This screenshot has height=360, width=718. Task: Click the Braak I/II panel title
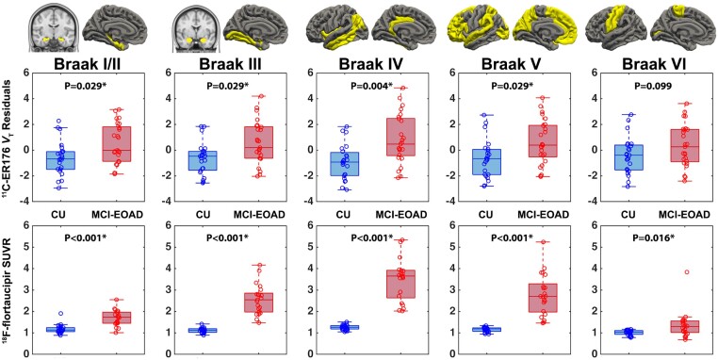click(87, 64)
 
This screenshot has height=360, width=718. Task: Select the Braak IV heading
click(371, 64)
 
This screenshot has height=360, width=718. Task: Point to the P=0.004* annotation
click(371, 86)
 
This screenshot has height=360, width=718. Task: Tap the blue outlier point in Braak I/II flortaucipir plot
click(60, 314)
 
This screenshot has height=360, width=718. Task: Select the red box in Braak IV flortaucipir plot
click(401, 284)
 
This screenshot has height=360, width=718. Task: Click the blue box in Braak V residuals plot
click(487, 162)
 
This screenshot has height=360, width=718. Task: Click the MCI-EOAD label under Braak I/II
click(117, 214)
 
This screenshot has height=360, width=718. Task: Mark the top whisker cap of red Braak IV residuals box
click(401, 88)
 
